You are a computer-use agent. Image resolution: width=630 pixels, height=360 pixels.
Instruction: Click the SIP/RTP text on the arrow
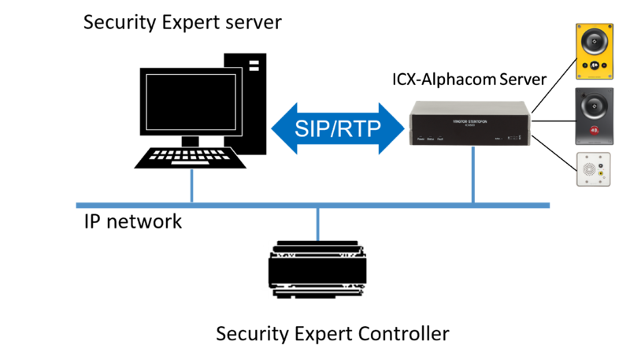pos(337,127)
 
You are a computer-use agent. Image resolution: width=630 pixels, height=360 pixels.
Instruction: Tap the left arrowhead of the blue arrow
pos(282,127)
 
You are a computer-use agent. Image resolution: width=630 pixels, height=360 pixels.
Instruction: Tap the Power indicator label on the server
pos(421,139)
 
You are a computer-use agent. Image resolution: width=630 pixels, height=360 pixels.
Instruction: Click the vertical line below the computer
pos(191,187)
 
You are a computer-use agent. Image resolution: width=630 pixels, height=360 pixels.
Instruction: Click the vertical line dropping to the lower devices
pos(318,225)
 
